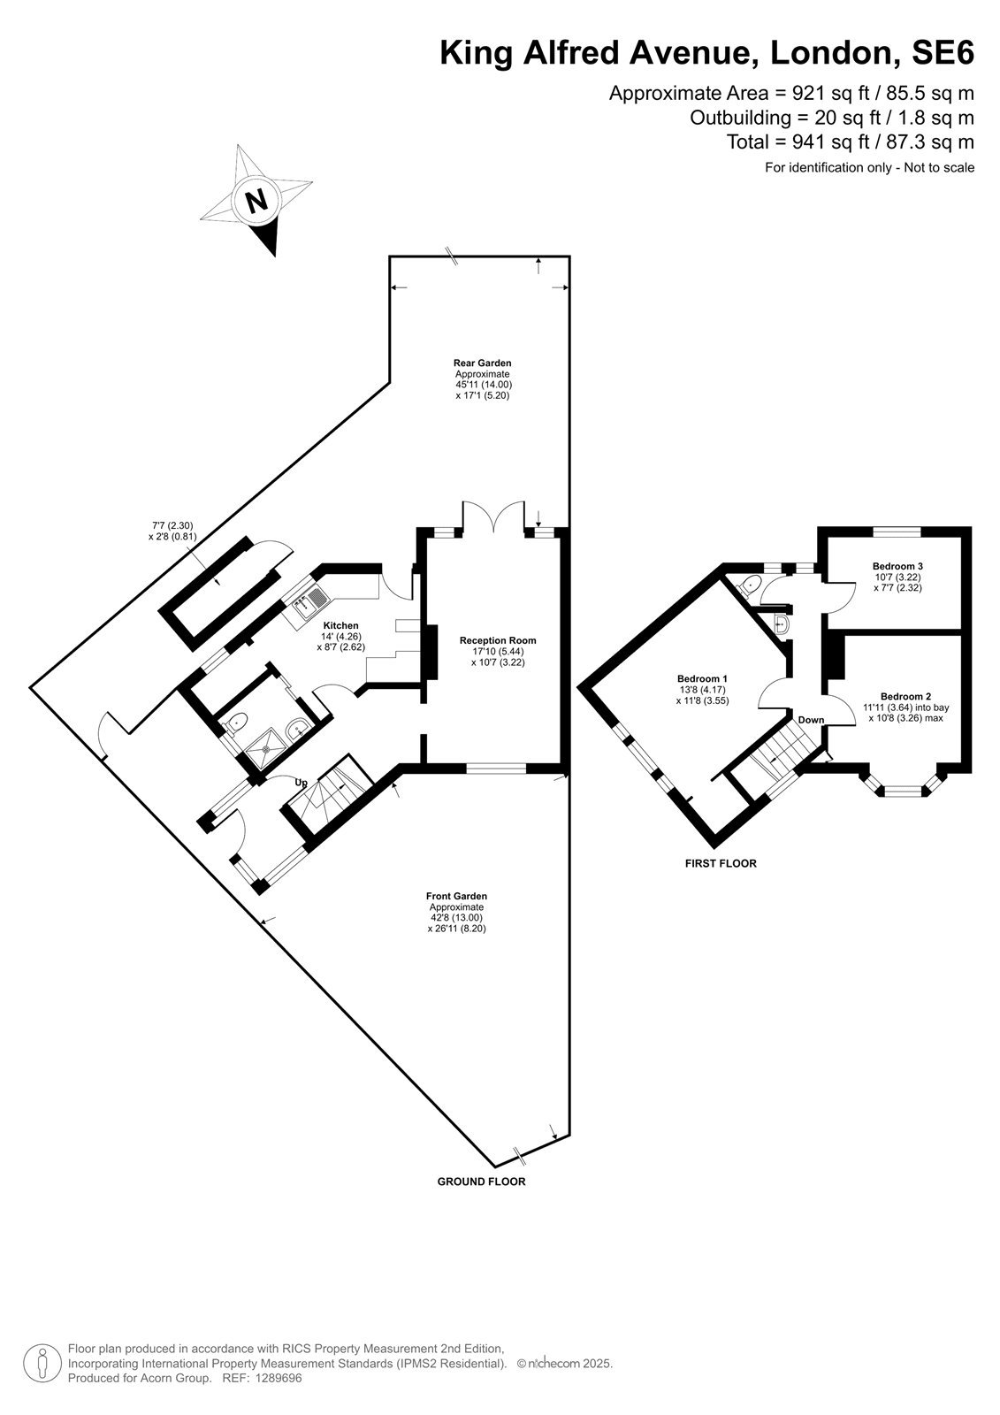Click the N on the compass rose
tap(256, 202)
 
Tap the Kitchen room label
tap(341, 625)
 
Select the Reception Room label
tap(498, 640)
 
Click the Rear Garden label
tap(482, 363)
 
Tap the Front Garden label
tap(456, 896)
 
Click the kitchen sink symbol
tap(308, 601)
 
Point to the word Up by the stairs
tap(302, 783)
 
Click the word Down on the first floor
tap(811, 720)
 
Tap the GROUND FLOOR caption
tap(481, 1182)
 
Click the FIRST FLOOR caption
tap(721, 863)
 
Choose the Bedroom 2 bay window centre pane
tap(902, 790)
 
